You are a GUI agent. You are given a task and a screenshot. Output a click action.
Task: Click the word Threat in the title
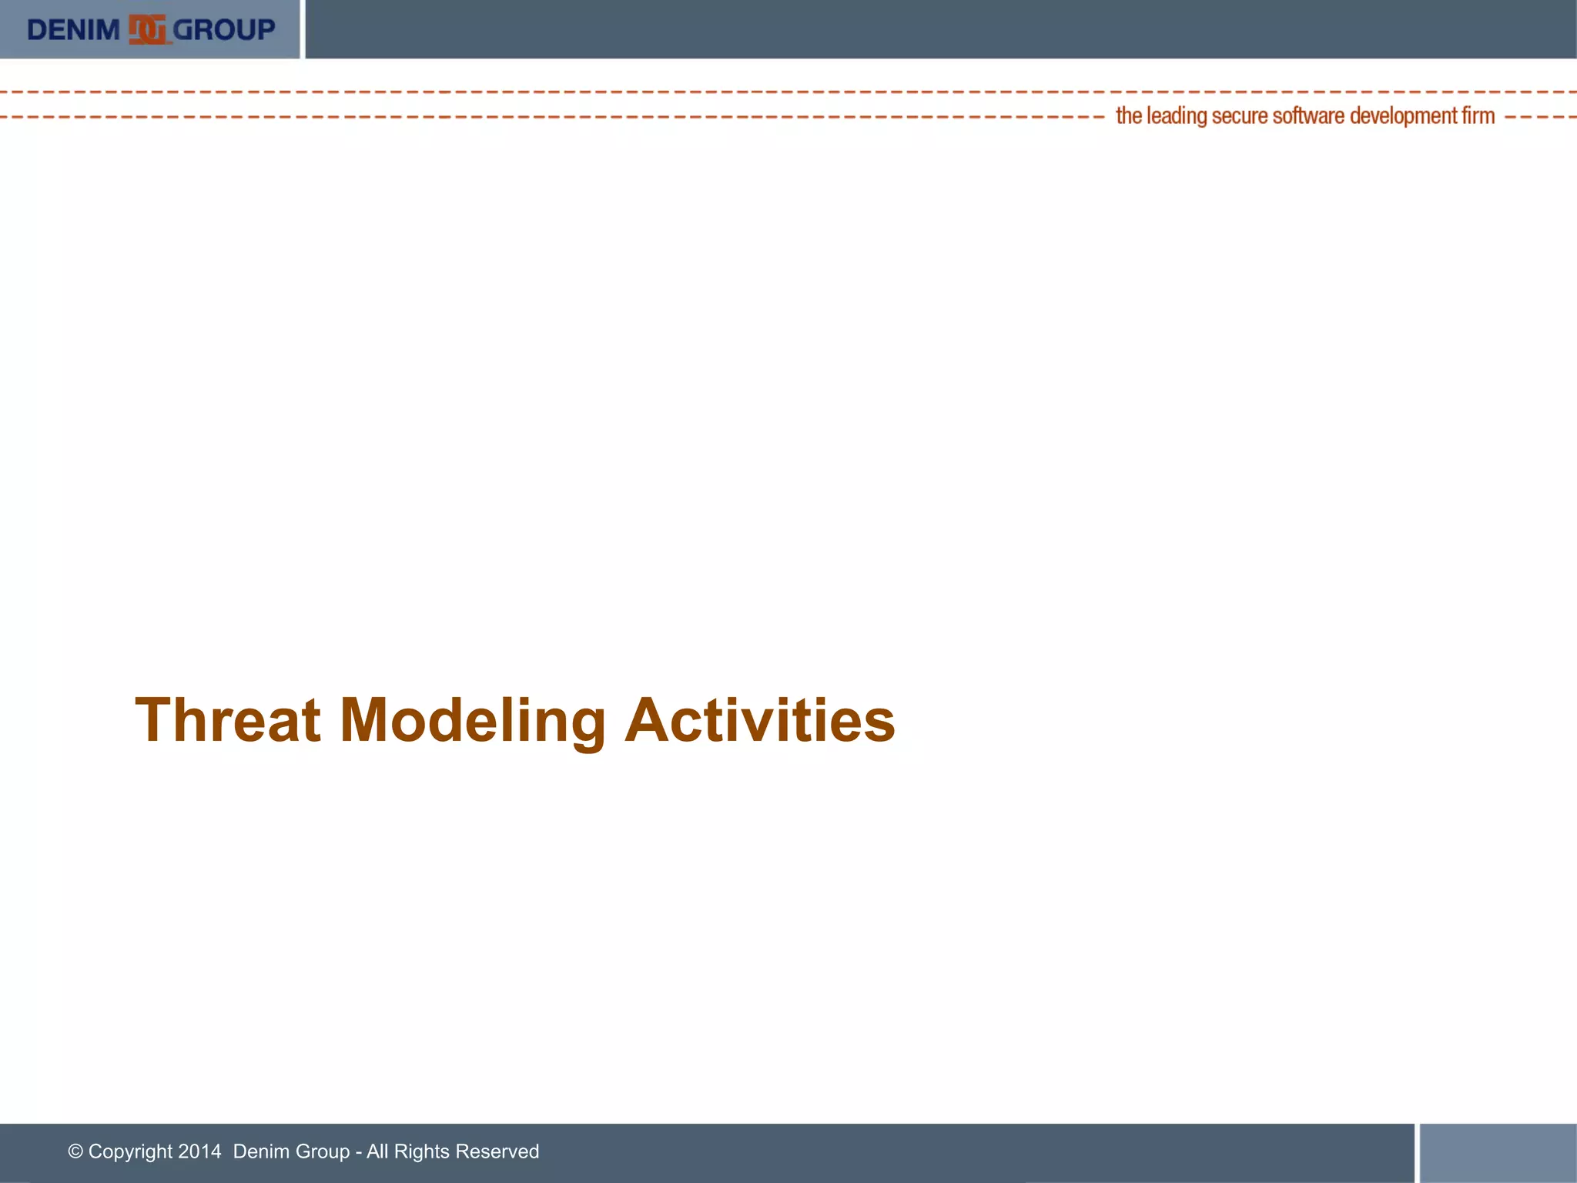click(x=228, y=720)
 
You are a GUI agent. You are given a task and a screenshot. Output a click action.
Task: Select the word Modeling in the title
click(x=472, y=720)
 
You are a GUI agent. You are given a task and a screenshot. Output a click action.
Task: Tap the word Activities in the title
click(x=759, y=720)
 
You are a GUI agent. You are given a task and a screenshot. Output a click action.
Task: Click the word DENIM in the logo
click(x=73, y=30)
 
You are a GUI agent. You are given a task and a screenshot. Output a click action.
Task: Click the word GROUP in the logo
click(x=224, y=30)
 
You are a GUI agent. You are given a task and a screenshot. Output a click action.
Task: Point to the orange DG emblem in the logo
click(x=147, y=30)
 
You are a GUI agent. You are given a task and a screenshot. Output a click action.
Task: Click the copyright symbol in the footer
click(x=75, y=1151)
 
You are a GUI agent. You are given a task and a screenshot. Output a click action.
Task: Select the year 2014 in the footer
click(x=199, y=1151)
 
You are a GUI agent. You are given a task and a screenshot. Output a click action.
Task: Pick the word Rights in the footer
click(x=421, y=1151)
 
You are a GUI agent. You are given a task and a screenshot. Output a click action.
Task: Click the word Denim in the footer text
click(x=258, y=1151)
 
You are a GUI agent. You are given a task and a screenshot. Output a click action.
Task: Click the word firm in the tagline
click(x=1478, y=116)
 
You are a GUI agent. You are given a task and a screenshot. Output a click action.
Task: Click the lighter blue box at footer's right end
click(x=1498, y=1152)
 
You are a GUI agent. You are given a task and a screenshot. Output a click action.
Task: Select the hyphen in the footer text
click(x=359, y=1152)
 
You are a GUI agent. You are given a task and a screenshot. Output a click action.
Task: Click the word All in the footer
click(x=377, y=1151)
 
